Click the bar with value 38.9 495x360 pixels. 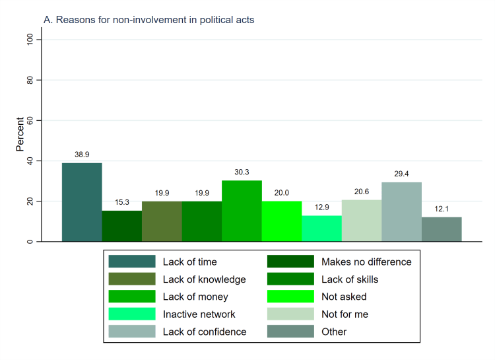point(82,202)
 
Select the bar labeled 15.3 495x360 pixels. point(121,226)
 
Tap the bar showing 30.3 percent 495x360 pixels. point(242,211)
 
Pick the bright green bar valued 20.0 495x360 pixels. point(282,221)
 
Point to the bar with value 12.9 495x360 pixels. point(321,229)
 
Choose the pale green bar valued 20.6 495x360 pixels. point(362,221)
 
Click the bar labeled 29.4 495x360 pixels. point(401,212)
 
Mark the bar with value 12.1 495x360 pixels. point(442,229)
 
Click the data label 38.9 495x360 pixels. point(82,154)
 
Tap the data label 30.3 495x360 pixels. point(242,172)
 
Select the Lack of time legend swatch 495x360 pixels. point(132,262)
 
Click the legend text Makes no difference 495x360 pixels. point(366,262)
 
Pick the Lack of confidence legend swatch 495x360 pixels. point(132,332)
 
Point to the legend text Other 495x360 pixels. point(334,332)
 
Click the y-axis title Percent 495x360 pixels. point(20,134)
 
